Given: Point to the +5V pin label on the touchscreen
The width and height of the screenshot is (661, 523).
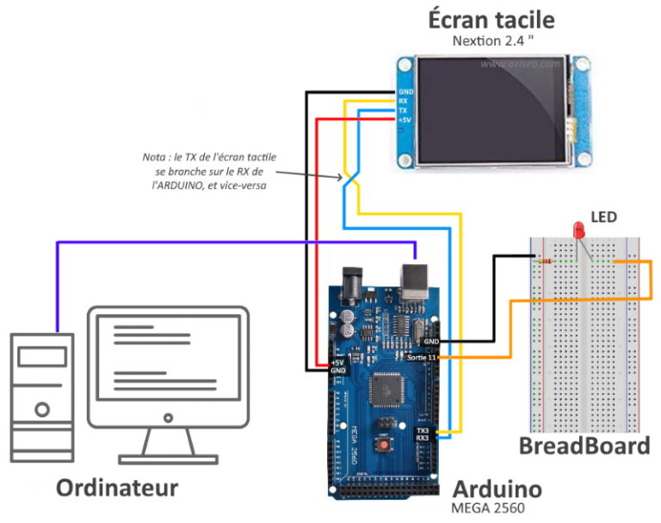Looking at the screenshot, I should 404,120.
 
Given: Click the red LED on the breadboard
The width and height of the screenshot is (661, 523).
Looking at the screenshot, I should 578,231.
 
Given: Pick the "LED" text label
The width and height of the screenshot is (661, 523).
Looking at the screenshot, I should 602,217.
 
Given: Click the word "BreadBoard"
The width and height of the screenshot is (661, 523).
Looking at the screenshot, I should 584,446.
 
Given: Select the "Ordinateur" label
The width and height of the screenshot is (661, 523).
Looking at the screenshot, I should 117,488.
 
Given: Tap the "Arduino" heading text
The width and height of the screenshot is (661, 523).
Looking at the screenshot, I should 497,489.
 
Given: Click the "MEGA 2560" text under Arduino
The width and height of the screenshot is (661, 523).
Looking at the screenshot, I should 487,508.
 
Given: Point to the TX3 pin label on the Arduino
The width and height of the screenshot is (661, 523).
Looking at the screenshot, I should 422,430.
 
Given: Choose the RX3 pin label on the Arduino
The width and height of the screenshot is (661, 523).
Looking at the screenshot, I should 422,439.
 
